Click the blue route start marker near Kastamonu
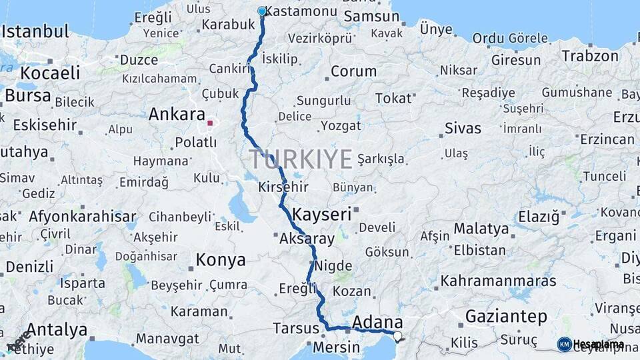[x=261, y=11]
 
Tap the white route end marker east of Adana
[x=397, y=336]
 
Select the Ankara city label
[x=176, y=114]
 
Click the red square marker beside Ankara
[x=210, y=123]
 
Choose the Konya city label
[x=220, y=260]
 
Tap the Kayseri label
[x=322, y=215]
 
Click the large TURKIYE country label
[x=301, y=159]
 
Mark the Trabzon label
[x=590, y=56]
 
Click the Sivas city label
[x=463, y=128]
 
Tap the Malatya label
[x=481, y=229]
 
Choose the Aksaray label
[x=307, y=238]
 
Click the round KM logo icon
[x=565, y=344]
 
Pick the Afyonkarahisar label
[x=83, y=217]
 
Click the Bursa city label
[x=27, y=95]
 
